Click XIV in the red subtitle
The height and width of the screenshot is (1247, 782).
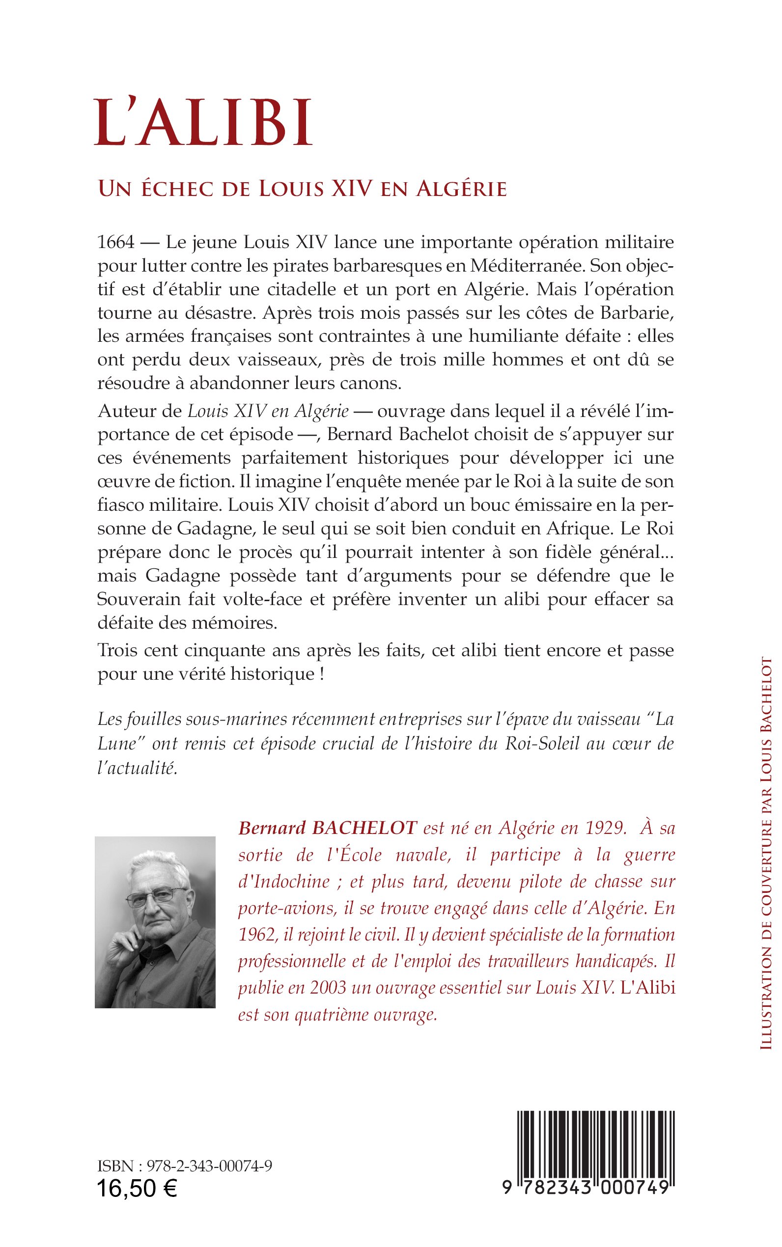[x=354, y=189]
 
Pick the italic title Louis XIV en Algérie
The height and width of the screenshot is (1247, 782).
[x=268, y=411]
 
